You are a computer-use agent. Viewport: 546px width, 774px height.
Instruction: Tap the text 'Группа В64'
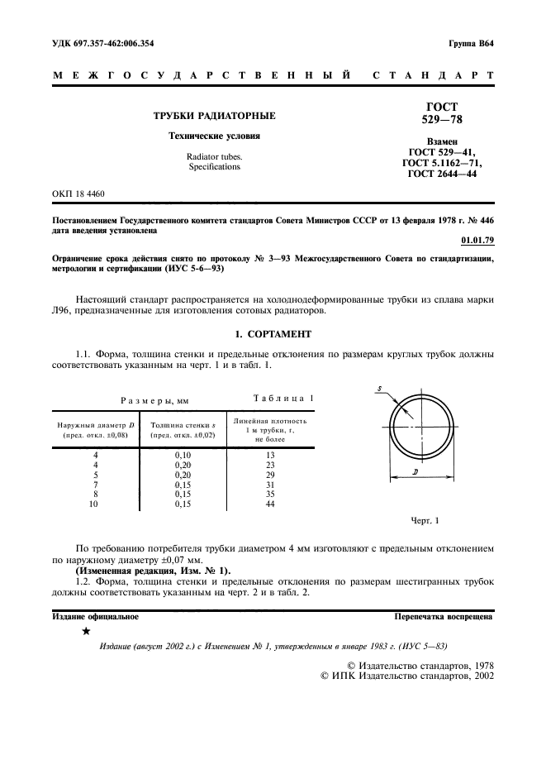[471, 42]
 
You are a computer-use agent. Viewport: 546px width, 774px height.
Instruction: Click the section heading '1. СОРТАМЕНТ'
[273, 337]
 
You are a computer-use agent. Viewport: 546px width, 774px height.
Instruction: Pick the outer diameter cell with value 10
[95, 503]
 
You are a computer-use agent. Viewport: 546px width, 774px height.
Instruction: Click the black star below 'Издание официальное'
[86, 632]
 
